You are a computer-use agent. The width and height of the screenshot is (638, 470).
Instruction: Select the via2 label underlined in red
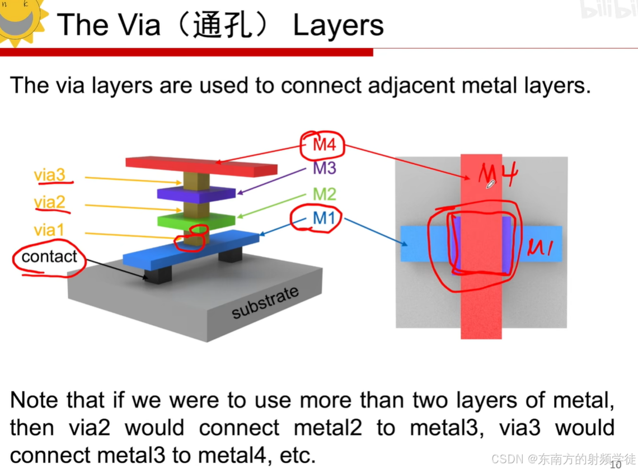coord(50,202)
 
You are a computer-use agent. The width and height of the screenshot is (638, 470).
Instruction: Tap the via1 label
coord(49,230)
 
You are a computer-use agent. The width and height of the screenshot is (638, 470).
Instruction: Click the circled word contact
coord(49,257)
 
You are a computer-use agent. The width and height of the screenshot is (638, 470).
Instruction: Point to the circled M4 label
coord(324,145)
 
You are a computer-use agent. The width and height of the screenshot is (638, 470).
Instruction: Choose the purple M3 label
coord(325,168)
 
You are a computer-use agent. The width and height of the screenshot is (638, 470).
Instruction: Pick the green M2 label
coord(325,194)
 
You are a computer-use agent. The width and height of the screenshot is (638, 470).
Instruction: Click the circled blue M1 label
coord(323,218)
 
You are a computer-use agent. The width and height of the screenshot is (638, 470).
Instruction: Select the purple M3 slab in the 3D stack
coord(196,193)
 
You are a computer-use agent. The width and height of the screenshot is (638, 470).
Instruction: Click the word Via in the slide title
coord(140,26)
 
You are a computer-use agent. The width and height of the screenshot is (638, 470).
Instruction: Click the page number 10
coord(615,464)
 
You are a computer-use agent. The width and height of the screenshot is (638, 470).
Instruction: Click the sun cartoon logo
coord(20,17)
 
